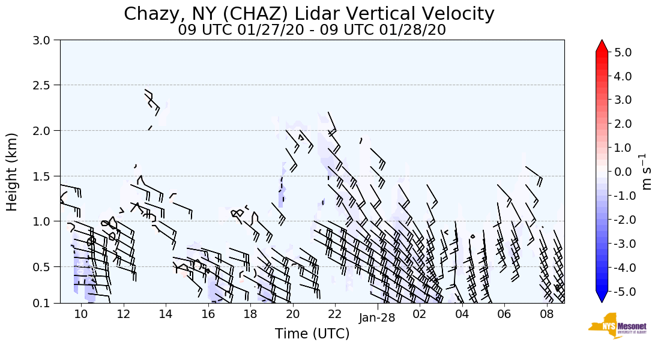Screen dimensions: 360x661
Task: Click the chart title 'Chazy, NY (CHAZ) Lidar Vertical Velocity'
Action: (x=309, y=14)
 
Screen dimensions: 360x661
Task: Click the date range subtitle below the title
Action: (x=312, y=30)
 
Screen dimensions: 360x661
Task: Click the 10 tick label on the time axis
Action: (x=81, y=314)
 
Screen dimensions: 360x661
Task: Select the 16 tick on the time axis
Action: (x=208, y=314)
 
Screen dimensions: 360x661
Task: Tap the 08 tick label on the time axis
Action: (x=546, y=314)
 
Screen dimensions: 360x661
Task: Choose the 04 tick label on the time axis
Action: (x=462, y=314)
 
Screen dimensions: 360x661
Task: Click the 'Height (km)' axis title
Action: (x=12, y=172)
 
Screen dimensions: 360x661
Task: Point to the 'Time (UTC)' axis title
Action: (x=312, y=334)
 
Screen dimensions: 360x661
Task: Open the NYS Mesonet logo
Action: (x=614, y=326)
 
